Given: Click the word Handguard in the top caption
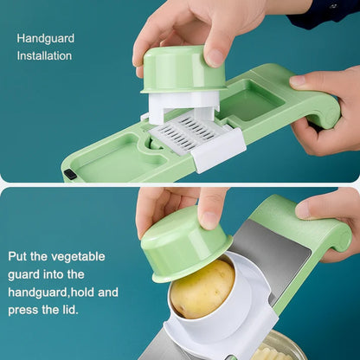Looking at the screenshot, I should tap(45, 38).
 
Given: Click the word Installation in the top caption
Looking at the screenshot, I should tap(44, 56).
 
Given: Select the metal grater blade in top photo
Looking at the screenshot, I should tap(183, 135).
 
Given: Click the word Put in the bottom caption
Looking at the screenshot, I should tap(20, 256).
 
